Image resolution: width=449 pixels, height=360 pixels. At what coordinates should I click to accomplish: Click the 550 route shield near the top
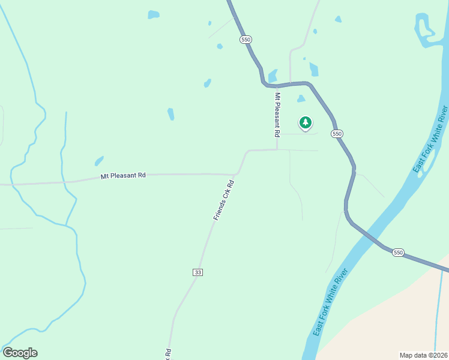(245, 39)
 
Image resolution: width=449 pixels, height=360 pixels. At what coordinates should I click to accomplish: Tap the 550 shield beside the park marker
(337, 133)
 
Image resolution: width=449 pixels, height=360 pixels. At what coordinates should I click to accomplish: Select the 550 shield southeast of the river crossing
(398, 253)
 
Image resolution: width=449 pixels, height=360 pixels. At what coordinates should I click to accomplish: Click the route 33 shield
(198, 272)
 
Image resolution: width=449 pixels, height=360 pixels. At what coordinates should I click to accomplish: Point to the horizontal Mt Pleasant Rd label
(123, 176)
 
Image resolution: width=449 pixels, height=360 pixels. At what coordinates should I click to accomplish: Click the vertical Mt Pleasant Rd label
(277, 113)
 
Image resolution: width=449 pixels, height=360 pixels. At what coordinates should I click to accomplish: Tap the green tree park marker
(306, 123)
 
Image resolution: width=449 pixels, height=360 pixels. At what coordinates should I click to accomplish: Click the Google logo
(20, 352)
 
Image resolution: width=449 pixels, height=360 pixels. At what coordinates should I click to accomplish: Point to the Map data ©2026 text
(423, 355)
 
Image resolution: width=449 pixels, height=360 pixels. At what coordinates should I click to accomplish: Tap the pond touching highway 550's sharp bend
(273, 76)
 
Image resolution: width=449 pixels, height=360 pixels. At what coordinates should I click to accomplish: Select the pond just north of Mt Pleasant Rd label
(99, 161)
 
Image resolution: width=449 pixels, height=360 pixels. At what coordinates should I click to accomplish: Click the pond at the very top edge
(154, 14)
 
